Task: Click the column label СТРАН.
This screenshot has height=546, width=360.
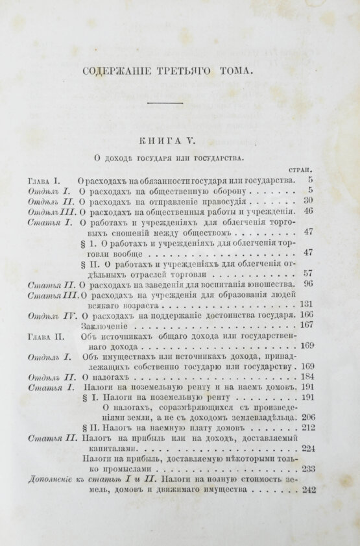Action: [x=300, y=168]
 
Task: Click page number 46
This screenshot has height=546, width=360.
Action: [x=308, y=211]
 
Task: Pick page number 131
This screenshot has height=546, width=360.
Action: [x=306, y=304]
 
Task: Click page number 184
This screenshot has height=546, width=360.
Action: [x=307, y=377]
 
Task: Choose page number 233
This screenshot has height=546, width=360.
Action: [x=307, y=469]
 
